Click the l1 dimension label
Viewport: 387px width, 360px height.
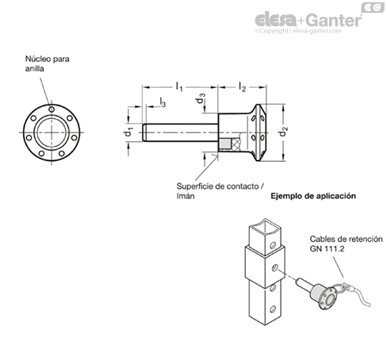click(x=179, y=86)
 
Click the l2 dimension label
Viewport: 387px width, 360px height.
click(x=242, y=86)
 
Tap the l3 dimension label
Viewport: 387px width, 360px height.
click(x=163, y=102)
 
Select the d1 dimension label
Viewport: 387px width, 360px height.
click(x=128, y=132)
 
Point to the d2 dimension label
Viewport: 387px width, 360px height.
click(x=283, y=132)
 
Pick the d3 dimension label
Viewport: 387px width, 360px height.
click(x=200, y=98)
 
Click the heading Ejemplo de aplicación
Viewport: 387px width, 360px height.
click(x=313, y=196)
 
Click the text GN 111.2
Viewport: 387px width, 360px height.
click(x=327, y=249)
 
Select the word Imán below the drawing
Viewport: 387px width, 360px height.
click(x=186, y=196)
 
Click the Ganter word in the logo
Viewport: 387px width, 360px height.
click(x=335, y=21)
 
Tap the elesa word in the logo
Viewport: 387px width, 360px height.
click(x=275, y=21)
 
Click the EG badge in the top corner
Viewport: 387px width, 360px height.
click(x=373, y=7)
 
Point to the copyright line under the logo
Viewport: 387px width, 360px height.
click(x=298, y=31)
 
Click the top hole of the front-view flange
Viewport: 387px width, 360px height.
click(x=52, y=109)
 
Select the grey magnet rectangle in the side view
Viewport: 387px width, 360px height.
click(x=225, y=144)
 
